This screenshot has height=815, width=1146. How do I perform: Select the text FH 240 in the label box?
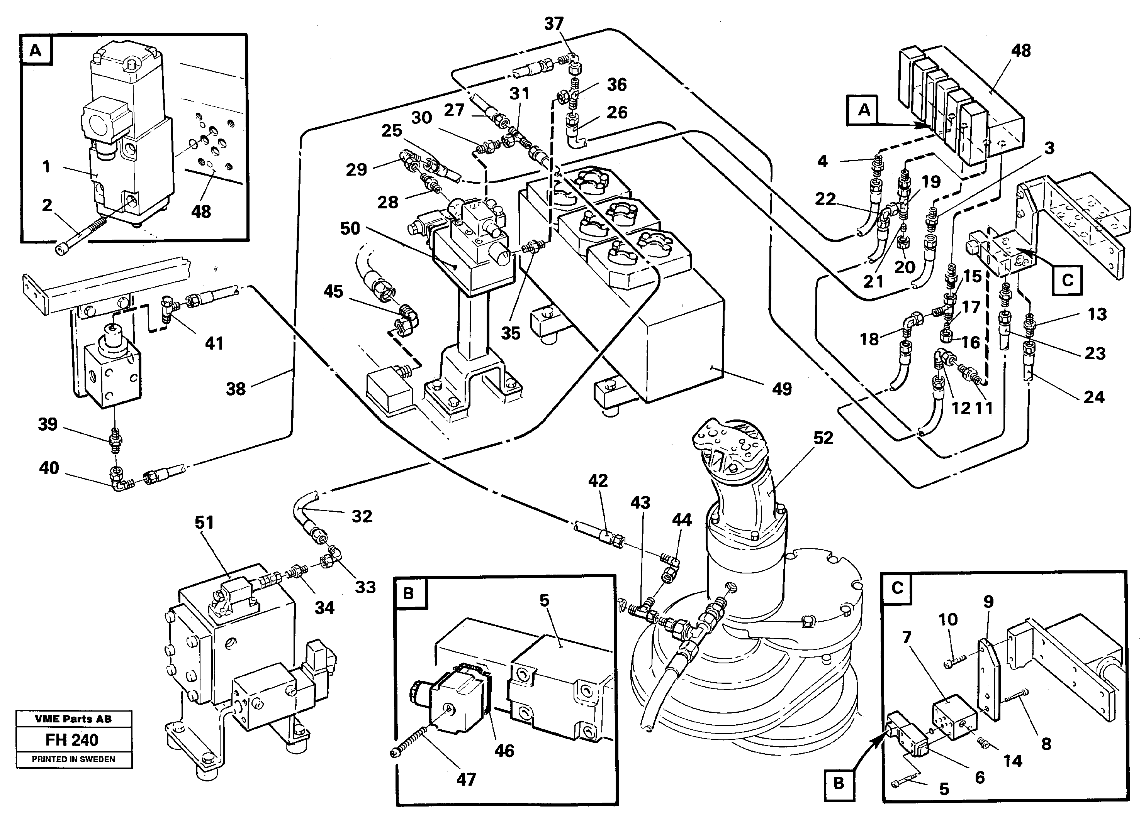72,740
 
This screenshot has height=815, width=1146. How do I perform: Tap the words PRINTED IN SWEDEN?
73,759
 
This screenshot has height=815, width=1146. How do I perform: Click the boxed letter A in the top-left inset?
36,51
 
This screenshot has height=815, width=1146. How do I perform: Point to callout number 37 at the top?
554,23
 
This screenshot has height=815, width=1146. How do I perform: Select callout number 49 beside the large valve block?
782,389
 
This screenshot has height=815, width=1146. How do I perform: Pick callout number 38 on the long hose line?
236,389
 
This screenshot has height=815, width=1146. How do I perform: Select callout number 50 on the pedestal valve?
350,228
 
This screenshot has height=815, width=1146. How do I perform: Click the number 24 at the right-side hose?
1094,397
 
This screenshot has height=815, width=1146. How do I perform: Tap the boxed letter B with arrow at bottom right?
839,783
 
